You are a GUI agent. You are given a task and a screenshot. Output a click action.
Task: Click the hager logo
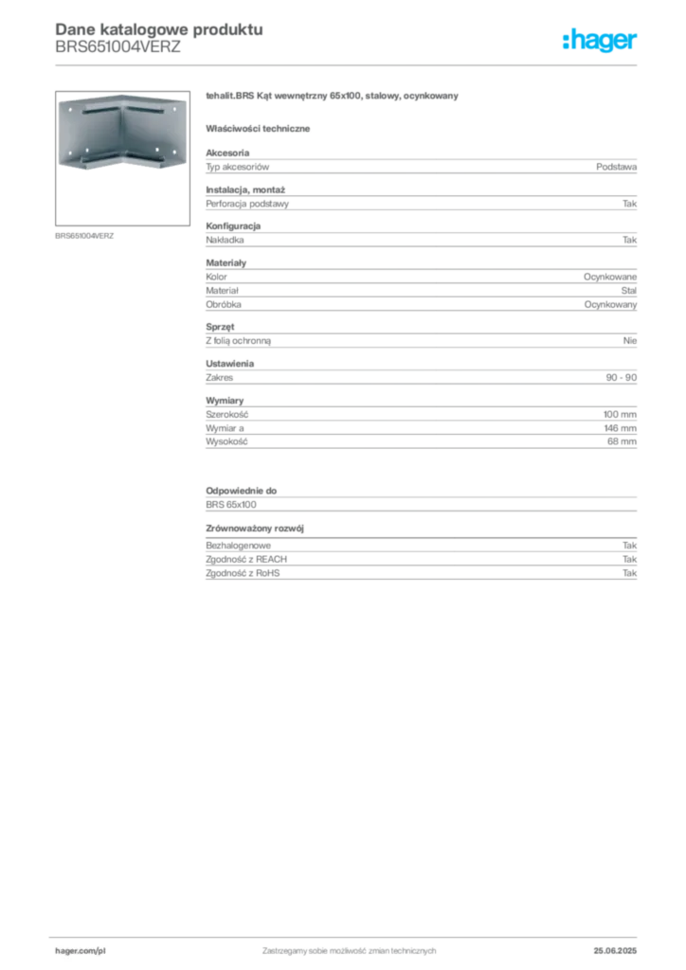(x=600, y=40)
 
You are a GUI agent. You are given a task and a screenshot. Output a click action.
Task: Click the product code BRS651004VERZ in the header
(x=117, y=47)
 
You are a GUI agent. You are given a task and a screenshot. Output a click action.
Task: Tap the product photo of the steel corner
(x=122, y=132)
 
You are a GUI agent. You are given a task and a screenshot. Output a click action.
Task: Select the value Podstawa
(x=616, y=167)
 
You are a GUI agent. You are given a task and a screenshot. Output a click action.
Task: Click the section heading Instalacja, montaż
(x=245, y=189)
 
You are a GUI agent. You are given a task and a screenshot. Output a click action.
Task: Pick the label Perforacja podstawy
(x=247, y=204)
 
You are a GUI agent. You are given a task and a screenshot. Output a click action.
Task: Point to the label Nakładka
(x=225, y=240)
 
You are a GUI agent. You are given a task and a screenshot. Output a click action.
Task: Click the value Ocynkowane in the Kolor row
(x=610, y=277)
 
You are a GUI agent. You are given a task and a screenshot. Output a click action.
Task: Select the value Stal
(x=628, y=290)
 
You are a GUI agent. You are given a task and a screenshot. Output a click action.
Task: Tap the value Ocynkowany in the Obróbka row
(x=610, y=304)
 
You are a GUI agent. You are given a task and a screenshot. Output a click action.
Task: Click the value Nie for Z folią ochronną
(x=630, y=340)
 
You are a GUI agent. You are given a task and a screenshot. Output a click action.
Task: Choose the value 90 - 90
(x=621, y=377)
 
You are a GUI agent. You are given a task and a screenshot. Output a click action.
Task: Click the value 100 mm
(x=620, y=415)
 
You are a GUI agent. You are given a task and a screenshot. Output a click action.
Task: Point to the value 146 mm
(x=620, y=428)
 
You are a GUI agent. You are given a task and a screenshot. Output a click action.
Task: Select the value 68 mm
(x=622, y=441)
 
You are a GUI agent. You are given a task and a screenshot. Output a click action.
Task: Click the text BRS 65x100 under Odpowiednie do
(x=231, y=505)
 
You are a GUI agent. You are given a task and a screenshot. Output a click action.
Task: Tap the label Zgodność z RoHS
(x=243, y=573)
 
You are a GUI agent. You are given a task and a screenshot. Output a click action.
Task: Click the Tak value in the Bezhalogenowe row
(x=630, y=546)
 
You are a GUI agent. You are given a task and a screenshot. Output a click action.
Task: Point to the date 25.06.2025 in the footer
(x=615, y=951)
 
